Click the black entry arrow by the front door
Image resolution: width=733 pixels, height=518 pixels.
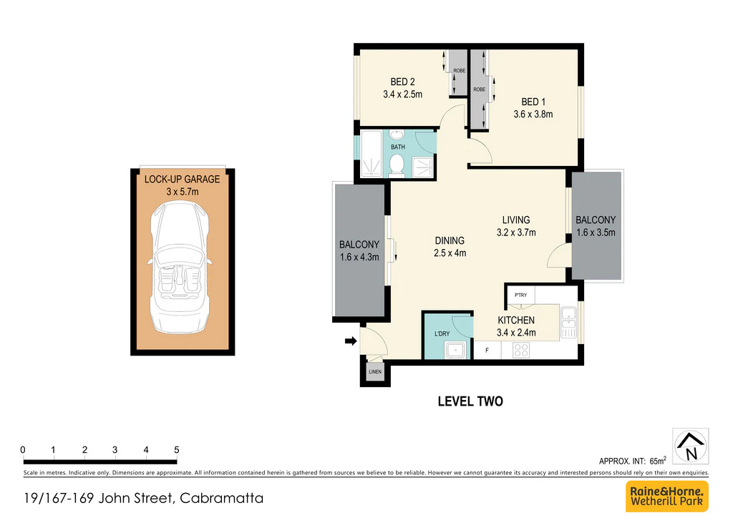[351, 341]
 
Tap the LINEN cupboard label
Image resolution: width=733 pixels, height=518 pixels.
[375, 372]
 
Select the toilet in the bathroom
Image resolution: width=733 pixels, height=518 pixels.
[397, 165]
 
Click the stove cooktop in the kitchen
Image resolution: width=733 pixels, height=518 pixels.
[521, 350]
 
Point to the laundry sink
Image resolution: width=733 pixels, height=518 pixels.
[455, 350]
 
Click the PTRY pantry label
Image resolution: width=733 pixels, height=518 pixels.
[520, 295]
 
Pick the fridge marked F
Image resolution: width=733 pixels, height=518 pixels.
[487, 351]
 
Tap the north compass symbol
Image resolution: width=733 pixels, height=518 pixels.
[691, 446]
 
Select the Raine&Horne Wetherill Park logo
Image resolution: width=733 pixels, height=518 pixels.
[667, 496]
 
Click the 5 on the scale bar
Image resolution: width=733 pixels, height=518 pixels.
[177, 450]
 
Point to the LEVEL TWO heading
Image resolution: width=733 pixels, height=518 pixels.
[470, 401]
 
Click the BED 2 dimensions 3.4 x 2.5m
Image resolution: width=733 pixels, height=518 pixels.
[402, 94]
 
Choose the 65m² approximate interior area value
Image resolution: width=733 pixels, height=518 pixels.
[658, 461]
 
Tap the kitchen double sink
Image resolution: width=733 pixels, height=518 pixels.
[568, 322]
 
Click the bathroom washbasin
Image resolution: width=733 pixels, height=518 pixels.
[397, 135]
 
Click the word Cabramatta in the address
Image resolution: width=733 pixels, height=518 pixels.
[222, 499]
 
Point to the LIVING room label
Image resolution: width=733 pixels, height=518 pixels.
[516, 220]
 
